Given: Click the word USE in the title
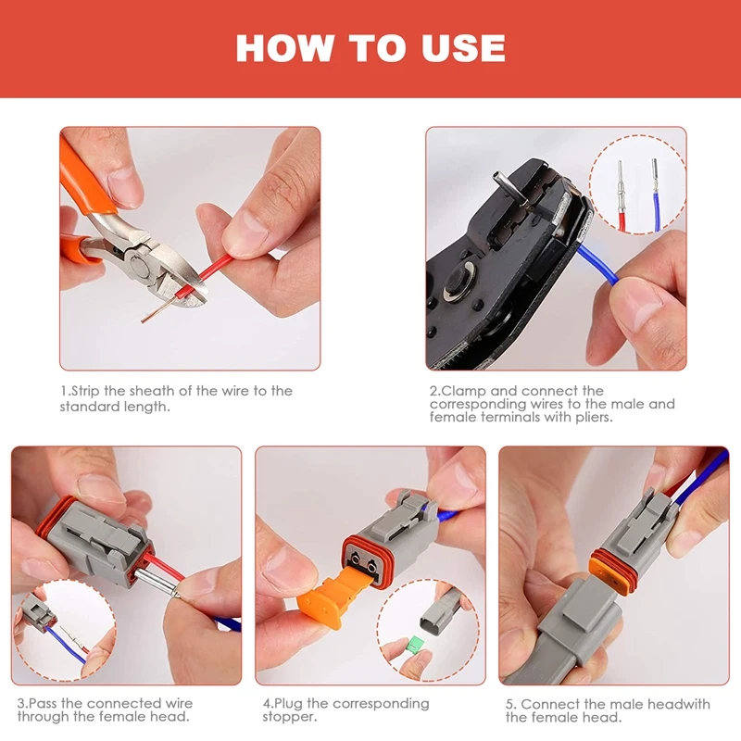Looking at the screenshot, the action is point(463,48).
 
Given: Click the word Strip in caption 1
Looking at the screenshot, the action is point(86,391).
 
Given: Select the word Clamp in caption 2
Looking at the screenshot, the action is point(463,391).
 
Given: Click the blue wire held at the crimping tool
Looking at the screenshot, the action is point(598,264).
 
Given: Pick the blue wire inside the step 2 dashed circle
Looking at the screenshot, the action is point(656,211).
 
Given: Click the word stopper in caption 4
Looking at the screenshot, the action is point(289,717).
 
